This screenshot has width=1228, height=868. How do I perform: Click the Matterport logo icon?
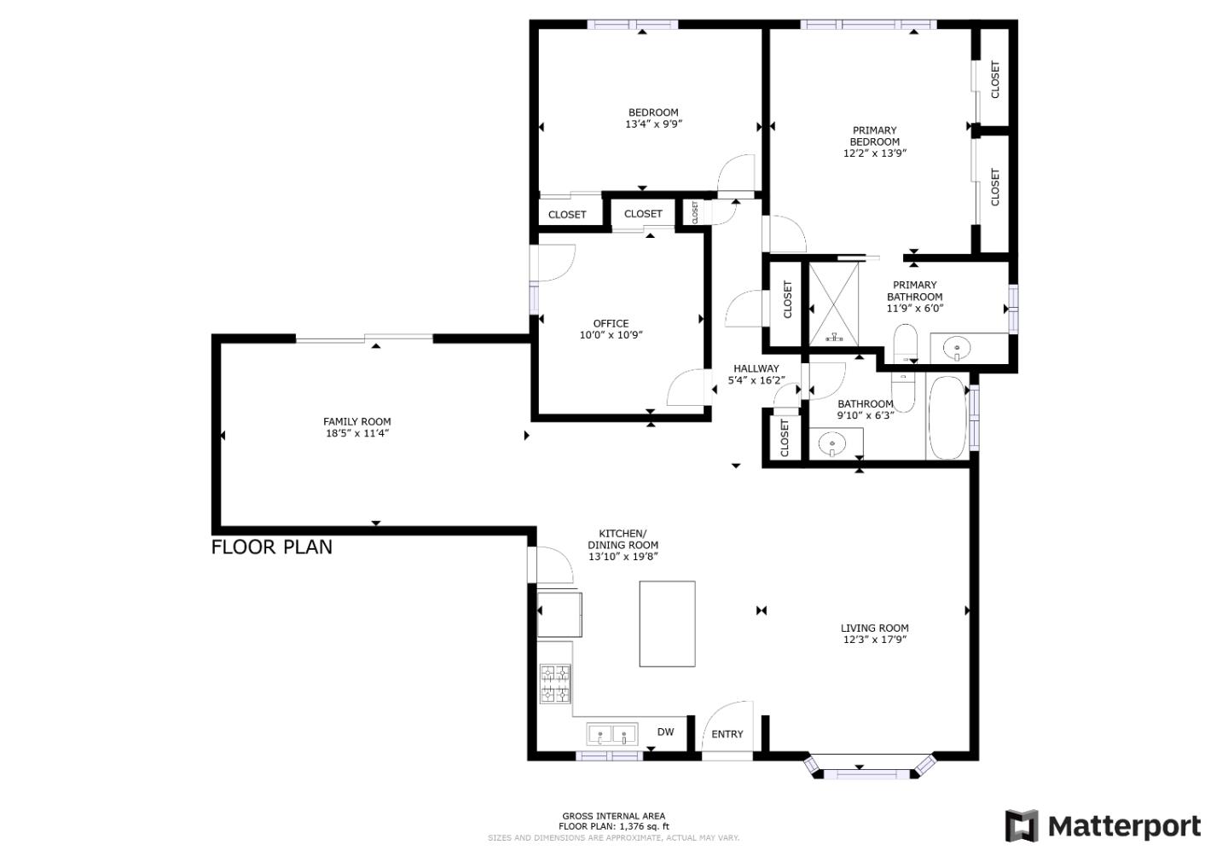point(1022,825)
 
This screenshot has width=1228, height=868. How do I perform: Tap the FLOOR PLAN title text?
point(271,547)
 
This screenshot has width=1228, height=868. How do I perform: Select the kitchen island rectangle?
point(667,623)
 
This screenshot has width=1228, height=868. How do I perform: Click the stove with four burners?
point(555,684)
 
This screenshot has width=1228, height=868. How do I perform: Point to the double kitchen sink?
point(612,733)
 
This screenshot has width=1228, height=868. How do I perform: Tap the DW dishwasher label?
point(665,732)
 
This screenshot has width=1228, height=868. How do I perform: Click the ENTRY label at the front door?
point(727,734)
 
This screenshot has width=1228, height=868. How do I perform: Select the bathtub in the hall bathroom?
point(947,418)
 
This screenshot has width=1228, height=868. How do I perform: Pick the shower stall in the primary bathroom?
point(835,304)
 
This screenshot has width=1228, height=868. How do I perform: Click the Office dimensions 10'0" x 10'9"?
point(611,335)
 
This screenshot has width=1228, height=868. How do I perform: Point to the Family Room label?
point(356,421)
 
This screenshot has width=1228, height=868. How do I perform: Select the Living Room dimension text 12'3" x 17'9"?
point(874,639)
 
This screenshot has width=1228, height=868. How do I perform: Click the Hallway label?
point(756,368)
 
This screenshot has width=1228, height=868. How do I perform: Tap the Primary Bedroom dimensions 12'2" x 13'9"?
point(874,153)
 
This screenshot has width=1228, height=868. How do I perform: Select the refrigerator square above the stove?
point(559,613)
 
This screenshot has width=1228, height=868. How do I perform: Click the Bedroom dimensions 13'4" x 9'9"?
point(653,124)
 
